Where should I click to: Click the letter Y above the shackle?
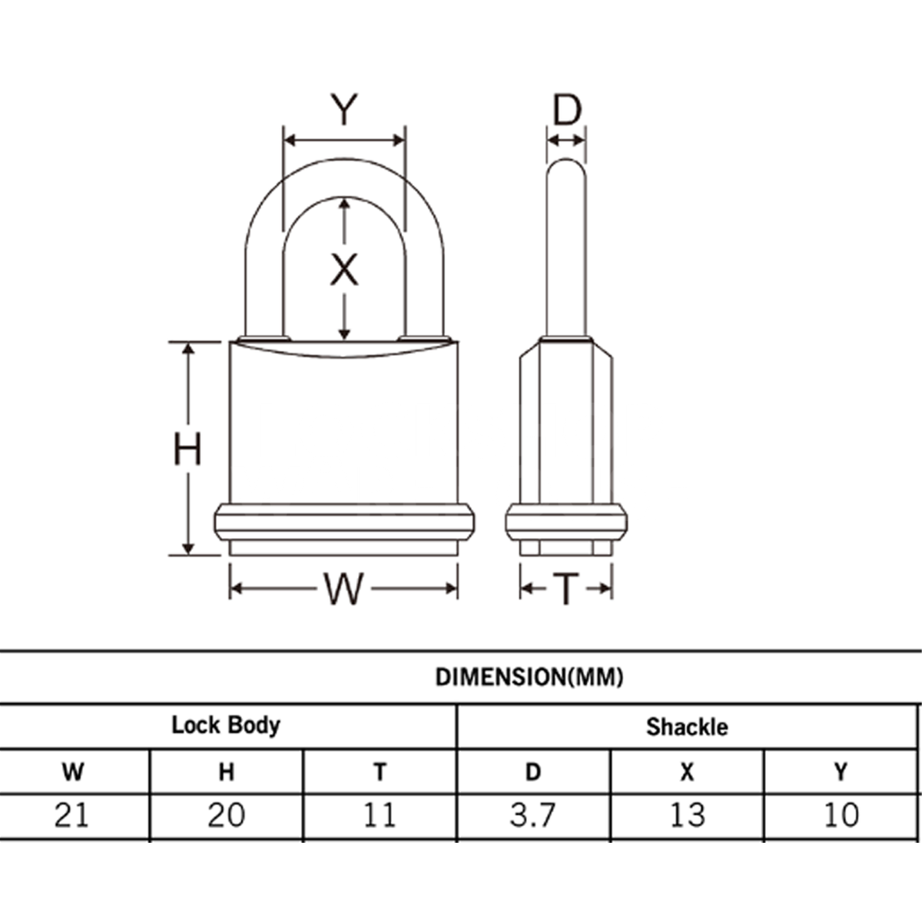(x=344, y=110)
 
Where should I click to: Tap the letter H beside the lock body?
(x=187, y=449)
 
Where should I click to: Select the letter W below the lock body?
(x=343, y=589)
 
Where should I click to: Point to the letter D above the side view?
(x=567, y=111)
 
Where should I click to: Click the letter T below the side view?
(x=565, y=589)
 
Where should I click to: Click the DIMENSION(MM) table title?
(x=529, y=677)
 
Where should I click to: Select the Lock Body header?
(x=226, y=725)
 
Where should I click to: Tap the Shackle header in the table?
(x=686, y=726)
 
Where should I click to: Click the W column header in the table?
(x=73, y=771)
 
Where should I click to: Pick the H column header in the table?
(x=226, y=771)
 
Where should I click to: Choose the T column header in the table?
(x=380, y=771)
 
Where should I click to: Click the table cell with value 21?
(x=72, y=814)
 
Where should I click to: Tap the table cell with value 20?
(x=226, y=814)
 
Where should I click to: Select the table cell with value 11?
(x=380, y=814)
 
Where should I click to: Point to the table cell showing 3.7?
(x=532, y=814)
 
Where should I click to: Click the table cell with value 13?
(x=686, y=814)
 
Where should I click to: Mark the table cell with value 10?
(x=841, y=814)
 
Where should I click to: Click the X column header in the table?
(x=686, y=771)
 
